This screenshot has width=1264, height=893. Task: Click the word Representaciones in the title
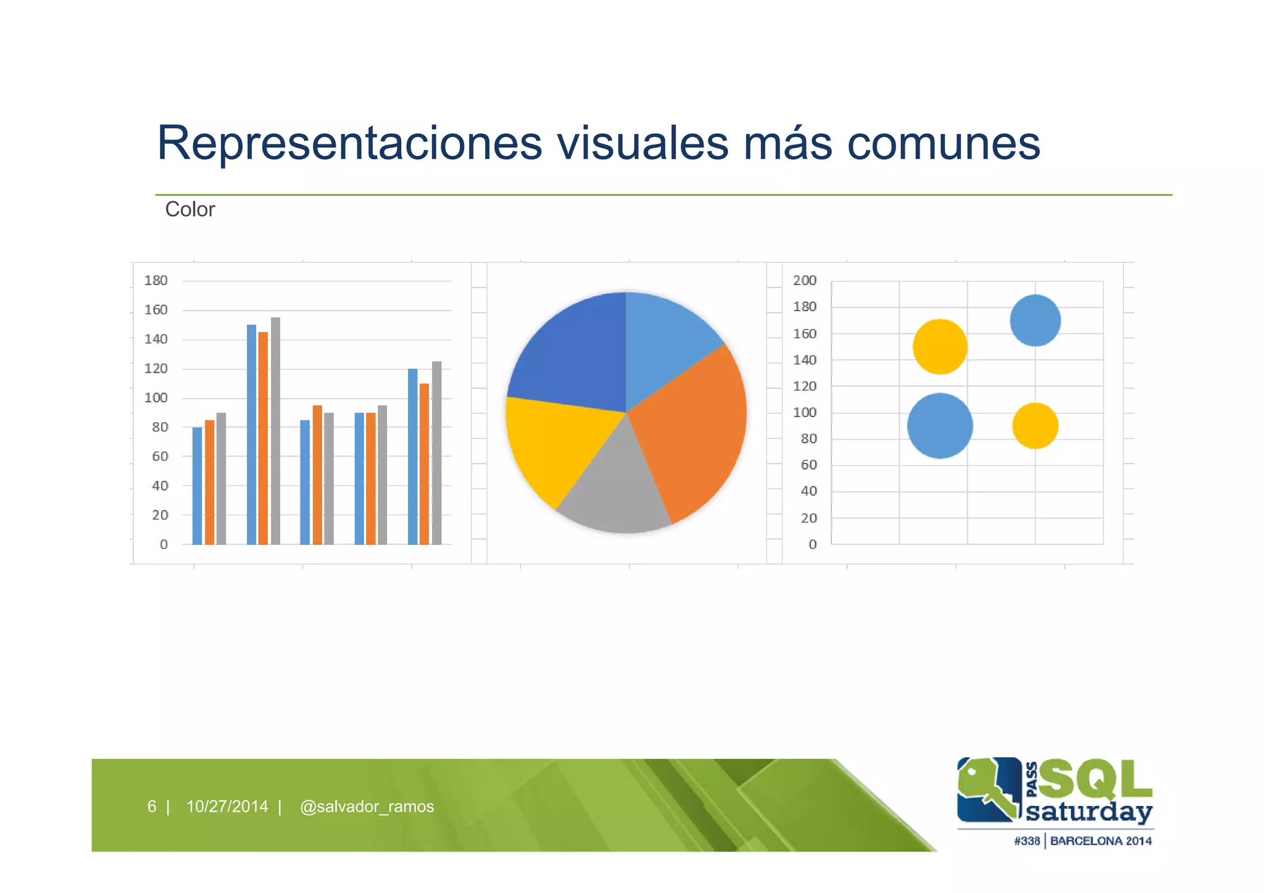pos(349,143)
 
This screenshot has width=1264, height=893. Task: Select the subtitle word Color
pos(190,210)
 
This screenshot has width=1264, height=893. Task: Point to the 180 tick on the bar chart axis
pos(156,281)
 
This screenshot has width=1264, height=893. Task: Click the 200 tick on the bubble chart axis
pos(805,281)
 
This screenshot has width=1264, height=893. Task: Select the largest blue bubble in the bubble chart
pos(939,426)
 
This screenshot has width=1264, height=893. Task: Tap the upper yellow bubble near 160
pos(939,347)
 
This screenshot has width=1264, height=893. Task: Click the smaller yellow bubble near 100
pos(1035,426)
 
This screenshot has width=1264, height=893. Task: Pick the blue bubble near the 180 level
pos(1035,320)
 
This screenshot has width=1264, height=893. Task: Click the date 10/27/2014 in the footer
pos(227,807)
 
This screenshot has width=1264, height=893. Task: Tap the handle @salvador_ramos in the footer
pos(367,807)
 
